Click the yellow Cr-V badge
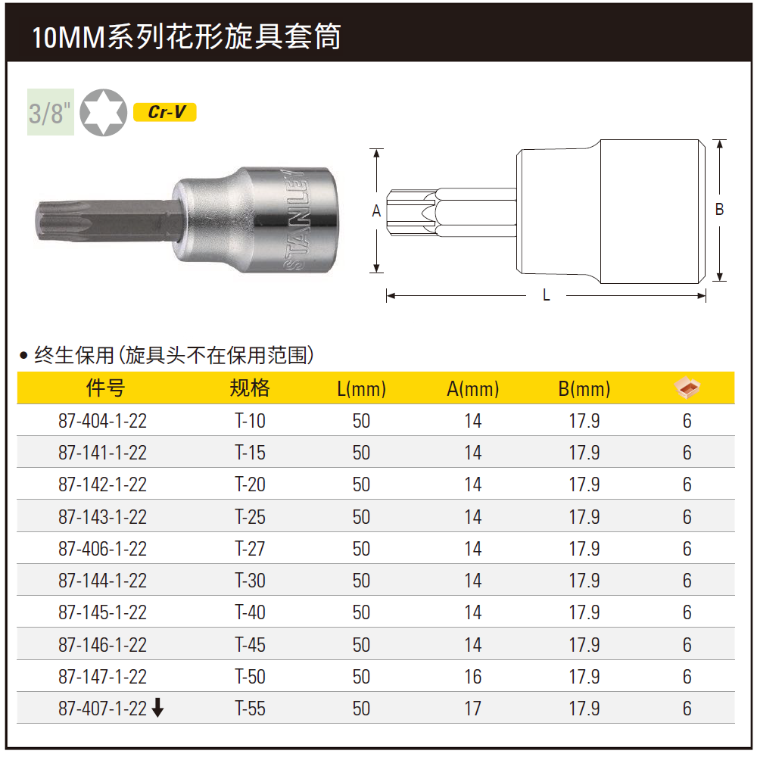[x=164, y=112]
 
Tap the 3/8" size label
[x=50, y=113]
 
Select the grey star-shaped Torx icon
[x=104, y=113]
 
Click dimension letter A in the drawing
[x=376, y=212]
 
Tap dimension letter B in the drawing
[x=719, y=210]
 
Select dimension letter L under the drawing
[x=547, y=295]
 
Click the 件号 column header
[x=105, y=388]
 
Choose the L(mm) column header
[x=361, y=389]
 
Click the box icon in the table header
[x=687, y=388]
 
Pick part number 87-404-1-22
[x=102, y=421]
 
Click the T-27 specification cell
[x=250, y=549]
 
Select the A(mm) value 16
[x=473, y=677]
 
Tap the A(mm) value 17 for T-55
[x=473, y=709]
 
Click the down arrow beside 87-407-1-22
[x=157, y=709]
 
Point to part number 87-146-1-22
[x=102, y=645]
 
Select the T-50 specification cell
[x=250, y=677]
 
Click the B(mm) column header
[x=584, y=389]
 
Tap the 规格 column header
[x=250, y=388]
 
